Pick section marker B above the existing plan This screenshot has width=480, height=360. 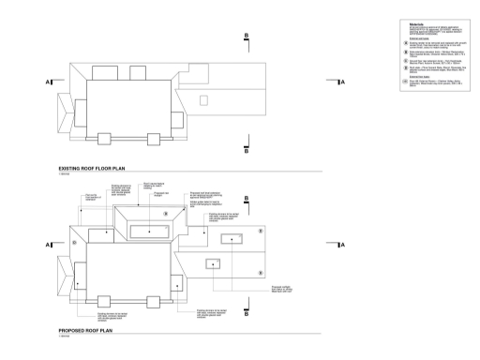(x=246, y=37)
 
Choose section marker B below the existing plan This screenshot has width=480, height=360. (x=246, y=150)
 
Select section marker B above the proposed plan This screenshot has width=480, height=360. (x=246, y=199)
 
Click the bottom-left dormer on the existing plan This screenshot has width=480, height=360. (x=105, y=140)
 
